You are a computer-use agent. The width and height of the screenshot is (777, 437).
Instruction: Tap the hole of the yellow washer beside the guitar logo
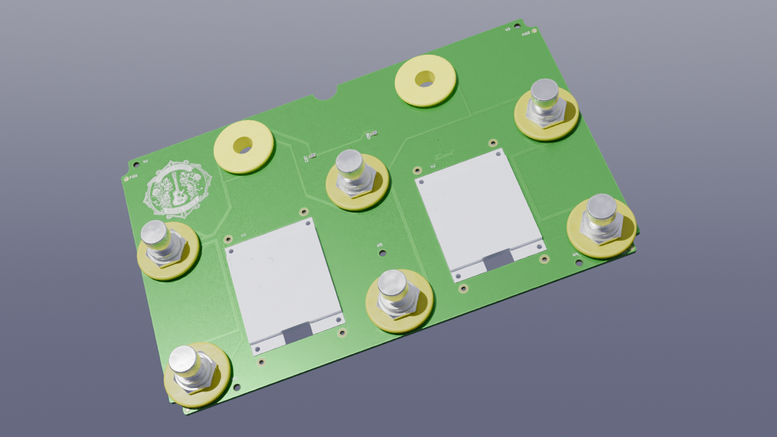click(x=243, y=145)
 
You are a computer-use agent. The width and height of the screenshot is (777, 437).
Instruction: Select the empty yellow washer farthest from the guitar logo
click(x=425, y=79)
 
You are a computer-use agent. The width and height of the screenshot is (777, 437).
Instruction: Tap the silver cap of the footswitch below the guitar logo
click(x=154, y=233)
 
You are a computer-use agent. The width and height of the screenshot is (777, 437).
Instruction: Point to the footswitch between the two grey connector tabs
click(x=396, y=294)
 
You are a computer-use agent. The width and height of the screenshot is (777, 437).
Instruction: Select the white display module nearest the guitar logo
click(x=283, y=283)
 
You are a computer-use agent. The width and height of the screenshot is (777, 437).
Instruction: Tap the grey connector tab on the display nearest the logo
click(x=298, y=331)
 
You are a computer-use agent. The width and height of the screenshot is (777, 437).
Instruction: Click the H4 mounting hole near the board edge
click(x=579, y=263)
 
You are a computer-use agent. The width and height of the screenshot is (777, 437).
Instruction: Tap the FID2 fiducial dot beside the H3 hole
click(x=534, y=30)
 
